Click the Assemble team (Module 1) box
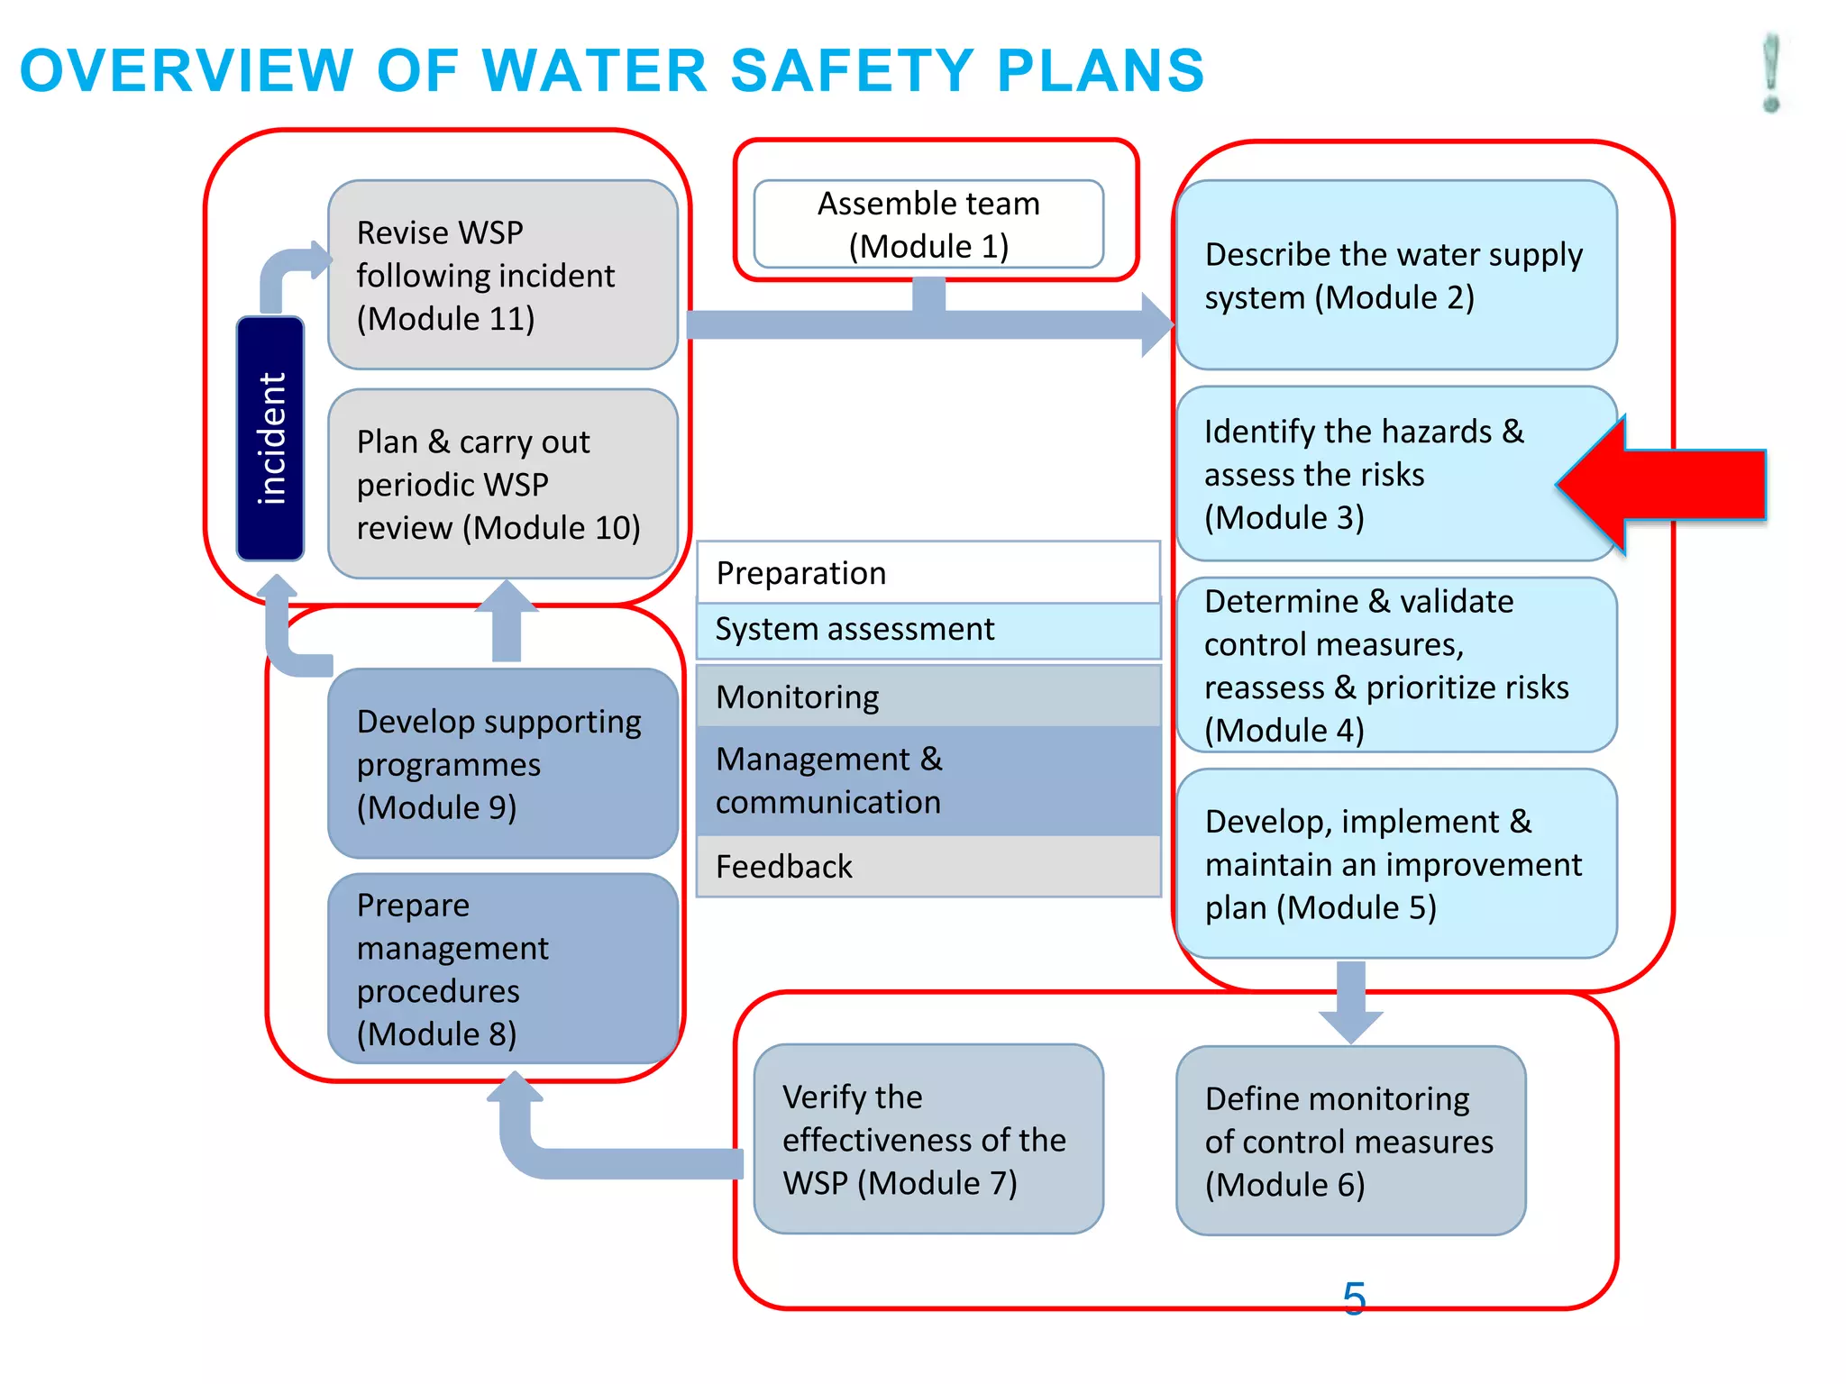928,224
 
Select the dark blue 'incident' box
270,439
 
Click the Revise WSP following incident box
502,275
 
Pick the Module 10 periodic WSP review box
502,484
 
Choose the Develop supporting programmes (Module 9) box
502,763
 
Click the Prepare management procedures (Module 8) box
502,969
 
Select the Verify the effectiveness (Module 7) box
928,1139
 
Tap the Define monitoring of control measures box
1350,1141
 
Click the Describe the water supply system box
1395,275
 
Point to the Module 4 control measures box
1395,665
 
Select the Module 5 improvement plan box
1395,863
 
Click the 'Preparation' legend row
928,573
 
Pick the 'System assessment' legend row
928,630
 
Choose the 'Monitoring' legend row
928,697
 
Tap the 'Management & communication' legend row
928,780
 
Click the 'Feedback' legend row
928,866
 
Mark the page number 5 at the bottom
1354,1298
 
